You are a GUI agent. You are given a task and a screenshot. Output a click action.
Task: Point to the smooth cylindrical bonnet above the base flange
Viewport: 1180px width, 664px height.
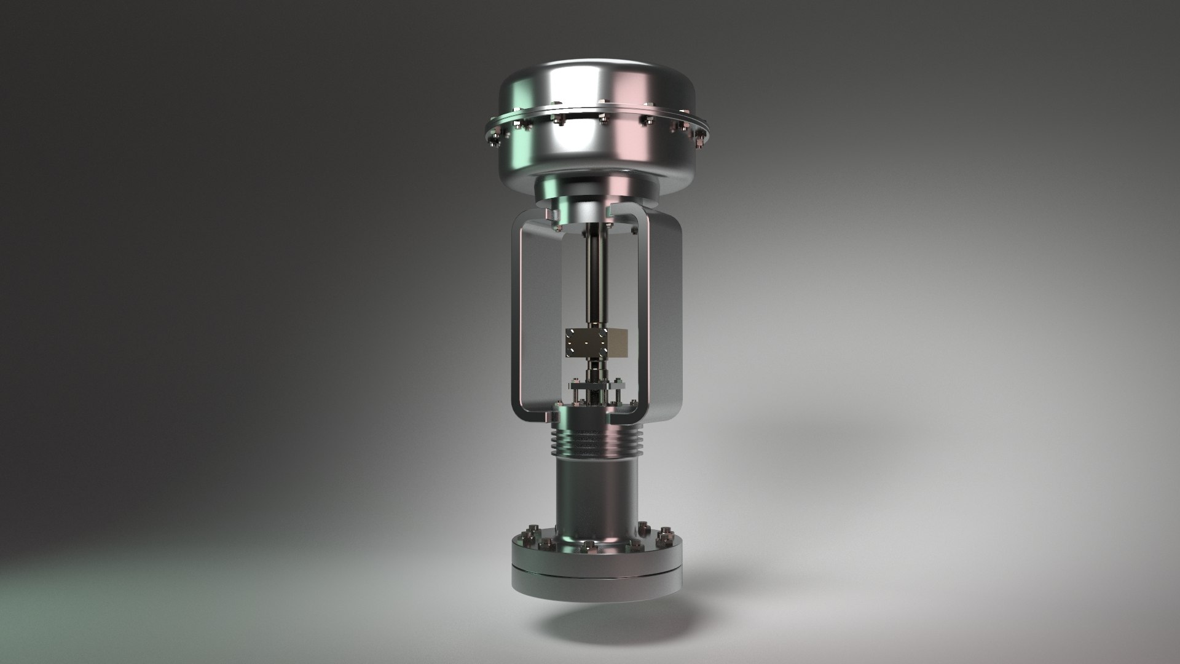tap(593, 492)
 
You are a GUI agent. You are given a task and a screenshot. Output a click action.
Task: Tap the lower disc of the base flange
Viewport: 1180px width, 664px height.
tap(596, 587)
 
